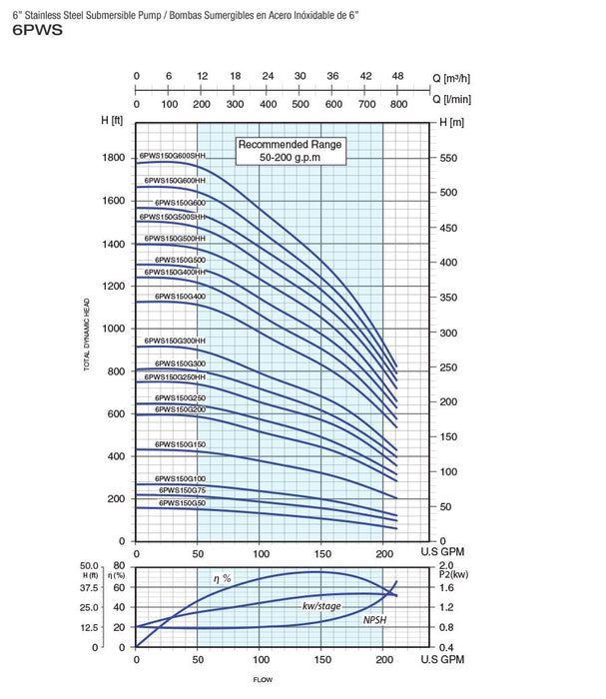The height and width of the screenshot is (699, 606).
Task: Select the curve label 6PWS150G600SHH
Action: [174, 155]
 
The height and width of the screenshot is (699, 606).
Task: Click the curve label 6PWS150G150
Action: [180, 443]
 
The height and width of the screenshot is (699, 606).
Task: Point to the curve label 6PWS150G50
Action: [182, 503]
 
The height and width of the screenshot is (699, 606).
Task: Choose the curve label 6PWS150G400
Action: [175, 296]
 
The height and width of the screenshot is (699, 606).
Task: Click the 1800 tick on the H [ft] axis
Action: [112, 158]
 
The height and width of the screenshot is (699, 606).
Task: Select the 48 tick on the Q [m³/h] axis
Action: [398, 76]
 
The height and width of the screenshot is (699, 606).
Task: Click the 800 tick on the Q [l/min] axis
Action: [398, 103]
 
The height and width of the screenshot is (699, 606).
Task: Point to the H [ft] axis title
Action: [112, 122]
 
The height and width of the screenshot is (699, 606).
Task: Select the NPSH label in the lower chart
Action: [376, 620]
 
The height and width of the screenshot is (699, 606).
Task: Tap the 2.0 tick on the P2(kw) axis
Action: [448, 566]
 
